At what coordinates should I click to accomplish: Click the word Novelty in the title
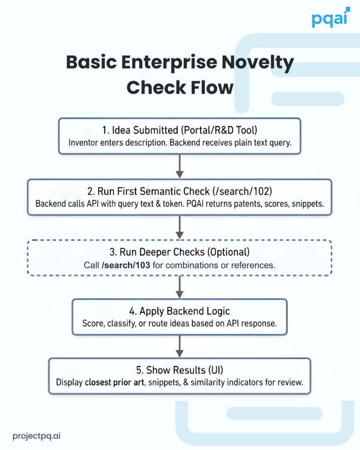coord(260,63)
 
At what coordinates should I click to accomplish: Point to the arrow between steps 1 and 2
coord(179,166)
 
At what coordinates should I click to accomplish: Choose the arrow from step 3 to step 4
coord(179,287)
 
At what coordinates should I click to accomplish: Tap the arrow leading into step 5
coord(179,347)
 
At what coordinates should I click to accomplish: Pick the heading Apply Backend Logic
coord(185,312)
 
